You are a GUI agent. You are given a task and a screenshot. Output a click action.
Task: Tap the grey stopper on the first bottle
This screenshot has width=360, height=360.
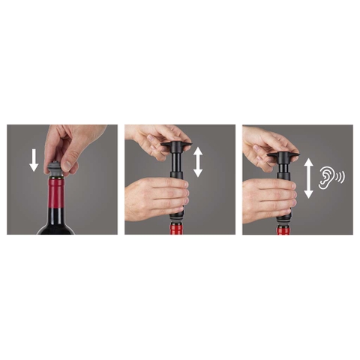(57, 169)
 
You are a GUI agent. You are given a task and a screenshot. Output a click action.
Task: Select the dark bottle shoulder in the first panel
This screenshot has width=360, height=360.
(56, 226)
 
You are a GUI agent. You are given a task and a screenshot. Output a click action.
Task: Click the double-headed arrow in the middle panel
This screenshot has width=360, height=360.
(198, 162)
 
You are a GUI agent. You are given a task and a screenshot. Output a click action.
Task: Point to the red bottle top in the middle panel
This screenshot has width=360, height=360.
(177, 227)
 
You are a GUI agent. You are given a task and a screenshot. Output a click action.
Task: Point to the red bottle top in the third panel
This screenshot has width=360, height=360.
(283, 229)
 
